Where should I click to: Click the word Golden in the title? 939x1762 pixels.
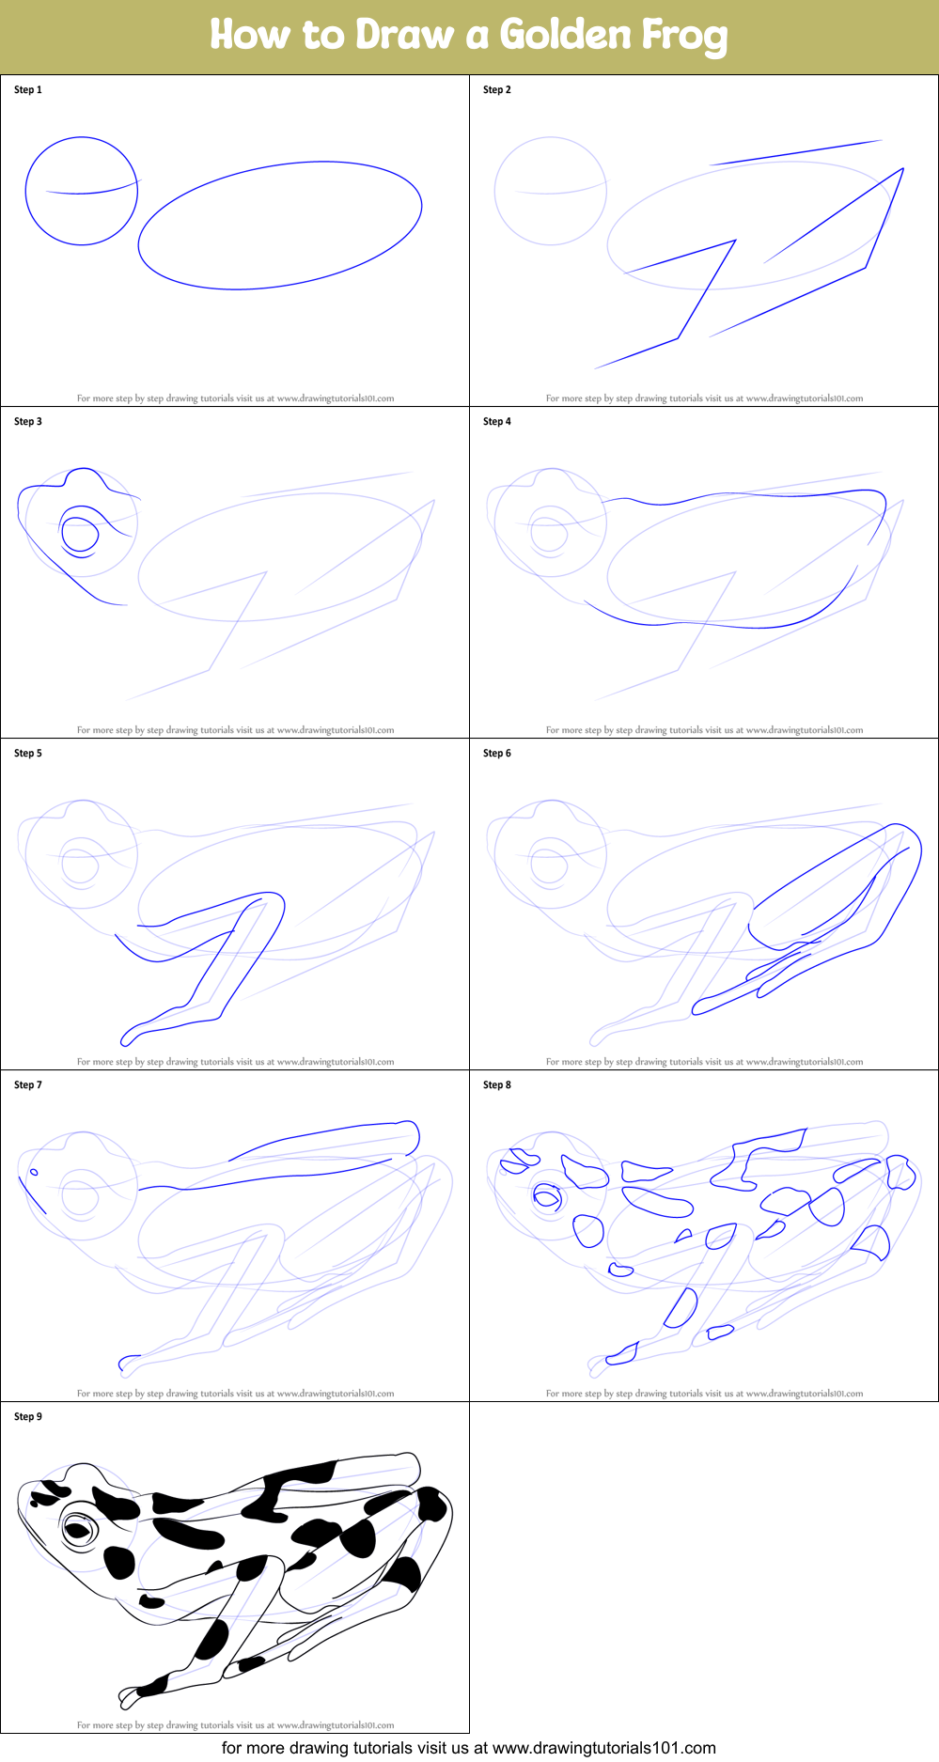tap(565, 35)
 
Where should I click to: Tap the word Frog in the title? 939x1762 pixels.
tap(684, 36)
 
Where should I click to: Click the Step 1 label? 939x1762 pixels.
tap(28, 90)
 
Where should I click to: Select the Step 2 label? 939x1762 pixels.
tap(497, 90)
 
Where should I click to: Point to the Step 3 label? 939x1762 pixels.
tap(28, 422)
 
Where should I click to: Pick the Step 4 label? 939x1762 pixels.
tap(497, 422)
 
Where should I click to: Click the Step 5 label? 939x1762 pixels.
tap(28, 754)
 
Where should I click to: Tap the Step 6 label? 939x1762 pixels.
tap(497, 754)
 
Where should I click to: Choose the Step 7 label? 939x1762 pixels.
tap(28, 1085)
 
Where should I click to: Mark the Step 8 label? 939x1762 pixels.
tap(497, 1085)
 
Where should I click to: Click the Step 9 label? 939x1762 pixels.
tap(28, 1417)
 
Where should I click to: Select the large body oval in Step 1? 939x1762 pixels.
tap(280, 226)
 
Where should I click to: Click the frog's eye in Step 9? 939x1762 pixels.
tap(79, 1531)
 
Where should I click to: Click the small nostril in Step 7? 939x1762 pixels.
tap(35, 1172)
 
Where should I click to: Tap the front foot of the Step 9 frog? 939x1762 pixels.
tap(136, 1692)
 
